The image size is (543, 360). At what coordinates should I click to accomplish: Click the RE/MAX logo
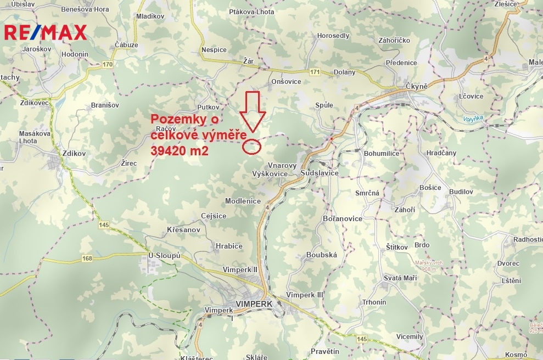point(45,32)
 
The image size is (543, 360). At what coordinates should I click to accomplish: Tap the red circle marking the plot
point(252,145)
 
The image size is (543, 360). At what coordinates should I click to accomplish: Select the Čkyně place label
point(416,87)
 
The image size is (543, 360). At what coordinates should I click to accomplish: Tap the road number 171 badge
point(315,72)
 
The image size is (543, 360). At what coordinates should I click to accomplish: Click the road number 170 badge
point(108,65)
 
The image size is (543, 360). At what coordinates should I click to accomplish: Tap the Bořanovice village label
point(343,218)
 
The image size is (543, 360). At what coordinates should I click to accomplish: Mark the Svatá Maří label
point(400,279)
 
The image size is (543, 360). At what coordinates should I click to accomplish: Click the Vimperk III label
point(305,295)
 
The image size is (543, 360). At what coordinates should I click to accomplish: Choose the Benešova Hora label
point(85,9)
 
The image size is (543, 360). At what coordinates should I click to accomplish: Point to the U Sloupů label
point(165,256)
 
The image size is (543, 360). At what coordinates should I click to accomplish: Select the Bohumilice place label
point(382,154)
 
